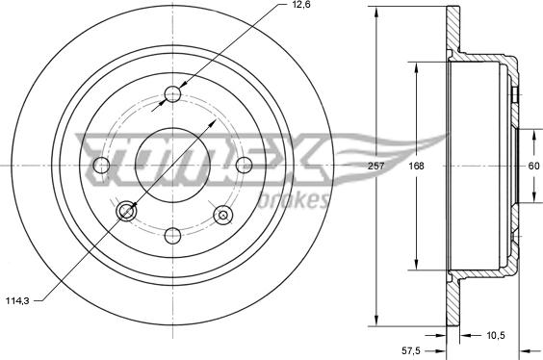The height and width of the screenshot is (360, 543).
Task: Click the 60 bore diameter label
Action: (x=533, y=166)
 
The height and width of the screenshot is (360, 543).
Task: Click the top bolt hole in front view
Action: (x=173, y=94)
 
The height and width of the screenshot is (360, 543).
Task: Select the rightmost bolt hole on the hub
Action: (x=244, y=165)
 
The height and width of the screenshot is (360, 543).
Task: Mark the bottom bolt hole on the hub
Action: (x=173, y=236)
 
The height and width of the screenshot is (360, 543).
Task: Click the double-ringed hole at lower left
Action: (x=125, y=212)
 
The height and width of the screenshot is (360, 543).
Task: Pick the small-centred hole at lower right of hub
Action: (x=223, y=214)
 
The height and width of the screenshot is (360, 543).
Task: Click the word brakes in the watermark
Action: (x=296, y=200)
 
